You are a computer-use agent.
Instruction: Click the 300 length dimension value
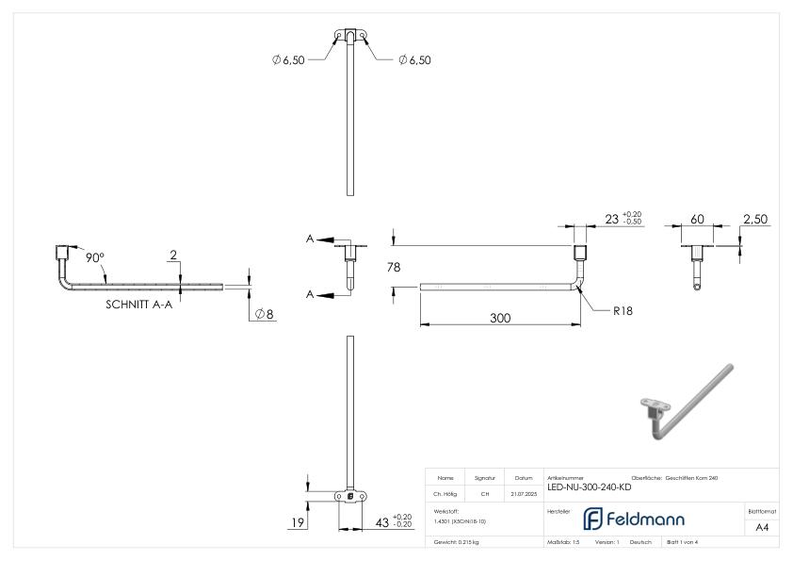(498, 319)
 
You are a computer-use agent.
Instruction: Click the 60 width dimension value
(698, 219)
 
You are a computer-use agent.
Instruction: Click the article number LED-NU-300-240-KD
(589, 487)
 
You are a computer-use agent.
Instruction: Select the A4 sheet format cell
(763, 528)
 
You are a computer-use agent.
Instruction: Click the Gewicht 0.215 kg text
(458, 543)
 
